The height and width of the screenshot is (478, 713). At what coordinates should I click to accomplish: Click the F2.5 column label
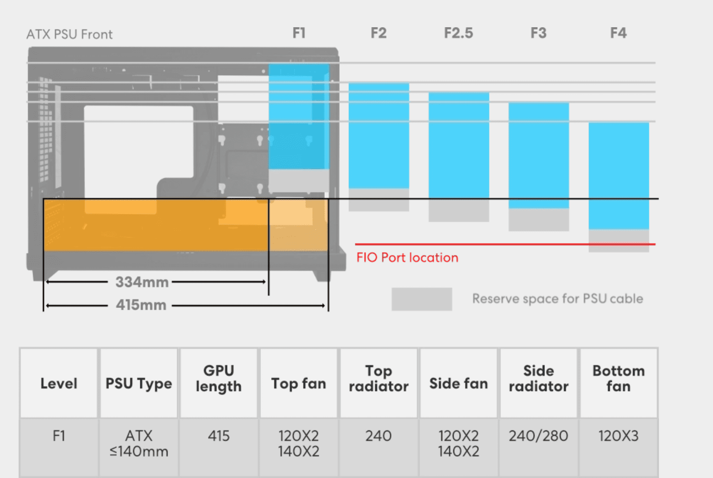pyautogui.click(x=458, y=33)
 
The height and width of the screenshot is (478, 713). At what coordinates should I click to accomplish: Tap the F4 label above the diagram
pyautogui.click(x=618, y=33)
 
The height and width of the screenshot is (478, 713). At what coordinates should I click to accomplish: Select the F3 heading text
pyautogui.click(x=538, y=33)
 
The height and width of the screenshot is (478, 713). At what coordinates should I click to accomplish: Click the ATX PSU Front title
pyautogui.click(x=69, y=34)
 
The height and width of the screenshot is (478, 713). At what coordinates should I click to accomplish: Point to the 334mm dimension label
pyautogui.click(x=142, y=282)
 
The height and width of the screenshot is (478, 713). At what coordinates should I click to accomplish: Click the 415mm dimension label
pyautogui.click(x=141, y=305)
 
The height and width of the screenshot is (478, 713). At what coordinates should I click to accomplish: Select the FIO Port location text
pyautogui.click(x=407, y=258)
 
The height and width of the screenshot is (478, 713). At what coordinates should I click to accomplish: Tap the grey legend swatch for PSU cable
pyautogui.click(x=421, y=299)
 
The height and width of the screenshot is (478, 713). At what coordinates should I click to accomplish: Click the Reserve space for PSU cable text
pyautogui.click(x=557, y=299)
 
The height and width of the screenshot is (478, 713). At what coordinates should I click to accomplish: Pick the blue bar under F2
pyautogui.click(x=379, y=135)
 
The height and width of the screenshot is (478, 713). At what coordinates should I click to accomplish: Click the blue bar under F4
pyautogui.click(x=619, y=176)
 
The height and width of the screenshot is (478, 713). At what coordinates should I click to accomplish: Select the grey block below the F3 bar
pyautogui.click(x=539, y=219)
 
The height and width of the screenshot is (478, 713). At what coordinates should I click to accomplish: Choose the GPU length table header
pyautogui.click(x=218, y=379)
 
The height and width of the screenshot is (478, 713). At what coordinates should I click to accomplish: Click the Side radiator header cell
pyautogui.click(x=538, y=379)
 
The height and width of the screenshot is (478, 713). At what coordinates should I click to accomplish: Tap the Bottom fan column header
pyautogui.click(x=618, y=379)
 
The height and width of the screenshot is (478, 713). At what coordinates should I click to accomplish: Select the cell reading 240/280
pyautogui.click(x=538, y=436)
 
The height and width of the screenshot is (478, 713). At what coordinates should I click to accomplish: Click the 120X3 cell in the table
pyautogui.click(x=618, y=436)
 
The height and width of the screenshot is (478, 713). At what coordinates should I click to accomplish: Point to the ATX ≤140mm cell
pyautogui.click(x=139, y=444)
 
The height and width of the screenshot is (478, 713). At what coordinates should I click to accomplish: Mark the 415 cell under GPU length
pyautogui.click(x=218, y=436)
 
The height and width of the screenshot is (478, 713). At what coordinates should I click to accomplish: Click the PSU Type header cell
pyautogui.click(x=139, y=384)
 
